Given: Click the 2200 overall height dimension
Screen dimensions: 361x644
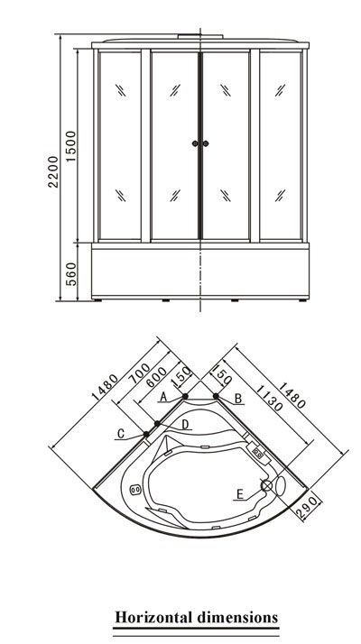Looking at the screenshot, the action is (x=53, y=171).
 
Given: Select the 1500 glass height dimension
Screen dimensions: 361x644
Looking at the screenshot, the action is (x=71, y=146).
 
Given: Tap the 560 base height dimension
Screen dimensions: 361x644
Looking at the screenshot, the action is (x=71, y=274).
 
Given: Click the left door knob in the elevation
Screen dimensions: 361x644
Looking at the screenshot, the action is (x=195, y=143).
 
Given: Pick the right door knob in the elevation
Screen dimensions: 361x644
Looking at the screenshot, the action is (x=206, y=143).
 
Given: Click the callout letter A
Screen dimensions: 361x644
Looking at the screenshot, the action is (x=163, y=397).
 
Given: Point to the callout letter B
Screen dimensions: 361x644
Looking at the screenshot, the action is (x=237, y=398).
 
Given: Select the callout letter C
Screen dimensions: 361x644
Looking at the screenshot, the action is (x=120, y=433).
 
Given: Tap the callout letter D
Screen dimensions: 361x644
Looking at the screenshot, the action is (x=185, y=424).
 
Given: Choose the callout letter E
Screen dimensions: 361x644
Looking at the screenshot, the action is (x=240, y=493).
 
